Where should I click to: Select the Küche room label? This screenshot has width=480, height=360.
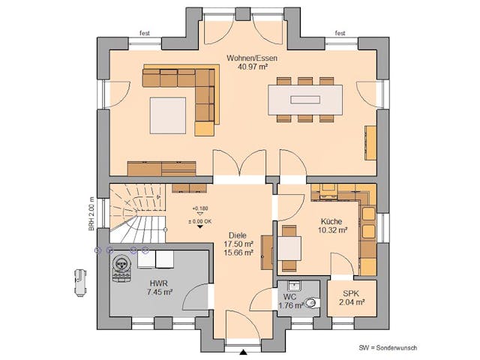click(x=331, y=222)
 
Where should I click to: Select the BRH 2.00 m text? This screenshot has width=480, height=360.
click(x=91, y=211)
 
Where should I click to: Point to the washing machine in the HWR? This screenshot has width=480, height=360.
click(x=121, y=265)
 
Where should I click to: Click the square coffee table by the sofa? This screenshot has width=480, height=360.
click(x=169, y=114)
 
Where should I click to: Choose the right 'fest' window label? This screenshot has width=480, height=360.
click(x=340, y=33)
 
